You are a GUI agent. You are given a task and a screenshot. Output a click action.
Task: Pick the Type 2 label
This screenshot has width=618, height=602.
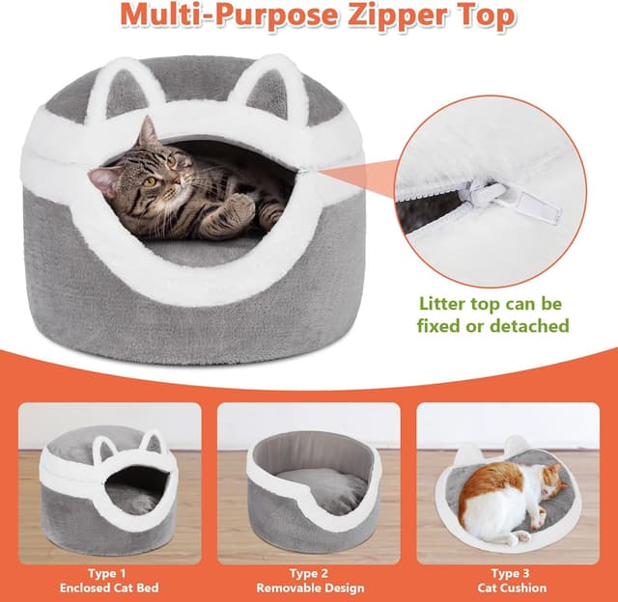pyautogui.click(x=309, y=573)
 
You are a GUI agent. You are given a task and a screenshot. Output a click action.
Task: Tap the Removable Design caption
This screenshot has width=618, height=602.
pyautogui.click(x=309, y=588)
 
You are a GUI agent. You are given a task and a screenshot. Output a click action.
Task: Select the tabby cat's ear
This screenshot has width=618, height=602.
pyautogui.click(x=148, y=130)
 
